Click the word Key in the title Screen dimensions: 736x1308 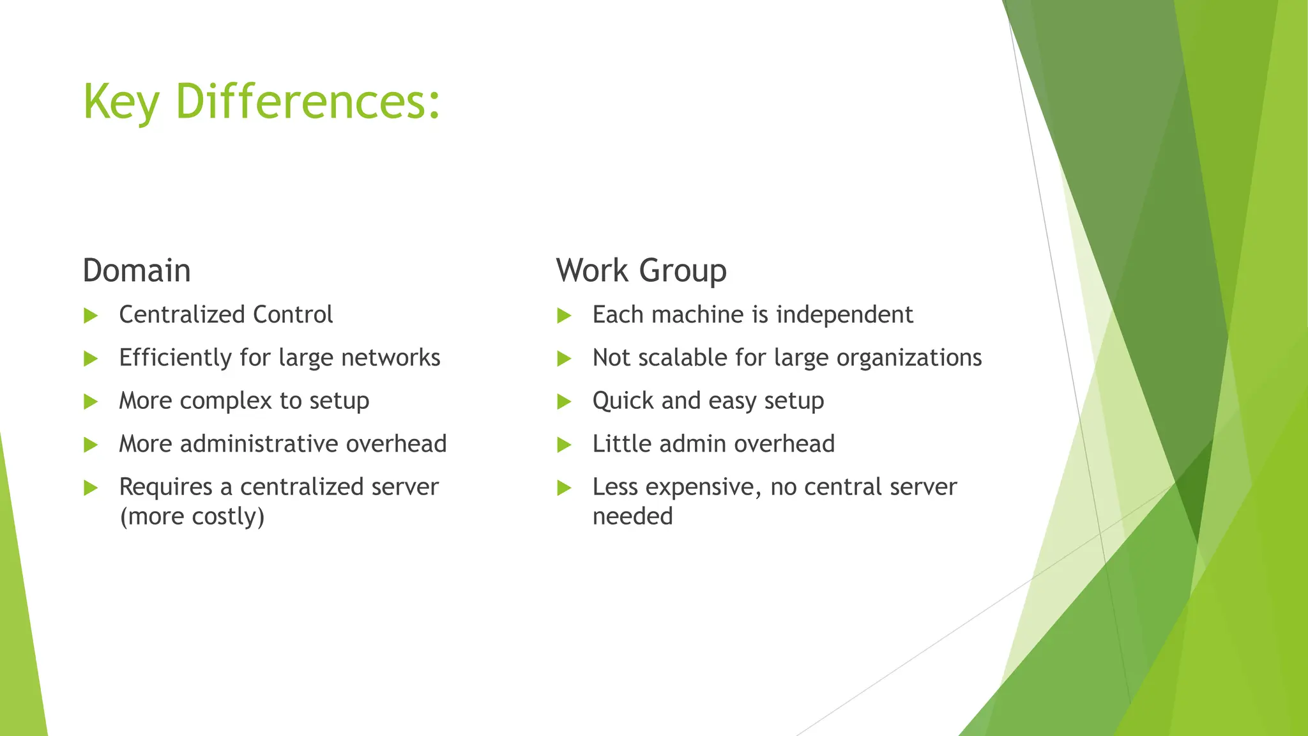(x=121, y=102)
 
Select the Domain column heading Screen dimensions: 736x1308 (x=137, y=270)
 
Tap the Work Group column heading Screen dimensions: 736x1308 (x=641, y=270)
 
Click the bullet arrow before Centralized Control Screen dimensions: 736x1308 (x=91, y=316)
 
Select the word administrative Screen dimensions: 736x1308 (x=259, y=444)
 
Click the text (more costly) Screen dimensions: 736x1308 (x=192, y=516)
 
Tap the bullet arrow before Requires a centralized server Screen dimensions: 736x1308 (x=91, y=488)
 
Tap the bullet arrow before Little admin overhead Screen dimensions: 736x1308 (x=564, y=445)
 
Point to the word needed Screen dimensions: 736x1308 (x=632, y=516)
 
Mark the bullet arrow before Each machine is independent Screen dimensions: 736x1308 (x=564, y=316)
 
